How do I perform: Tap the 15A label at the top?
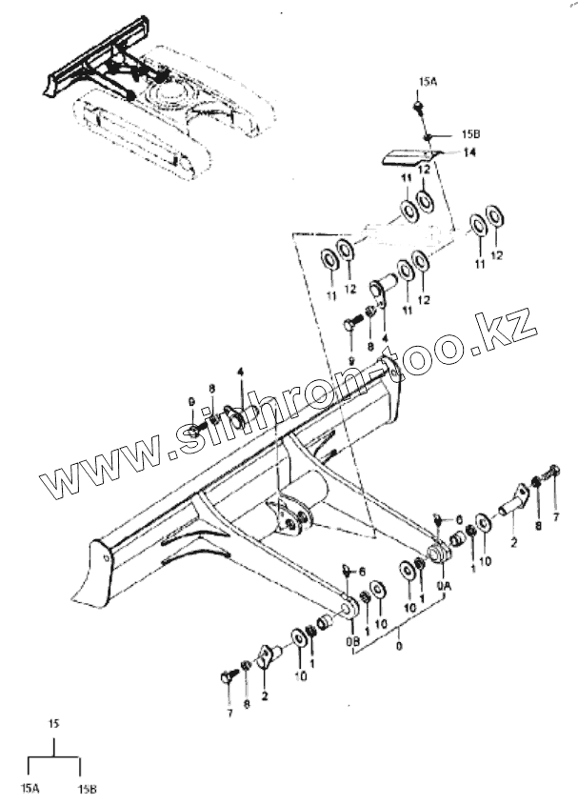pyautogui.click(x=427, y=83)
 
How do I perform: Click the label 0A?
pyautogui.click(x=443, y=587)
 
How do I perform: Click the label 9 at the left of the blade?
pyautogui.click(x=190, y=400)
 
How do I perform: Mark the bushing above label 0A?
pyautogui.click(x=439, y=554)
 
